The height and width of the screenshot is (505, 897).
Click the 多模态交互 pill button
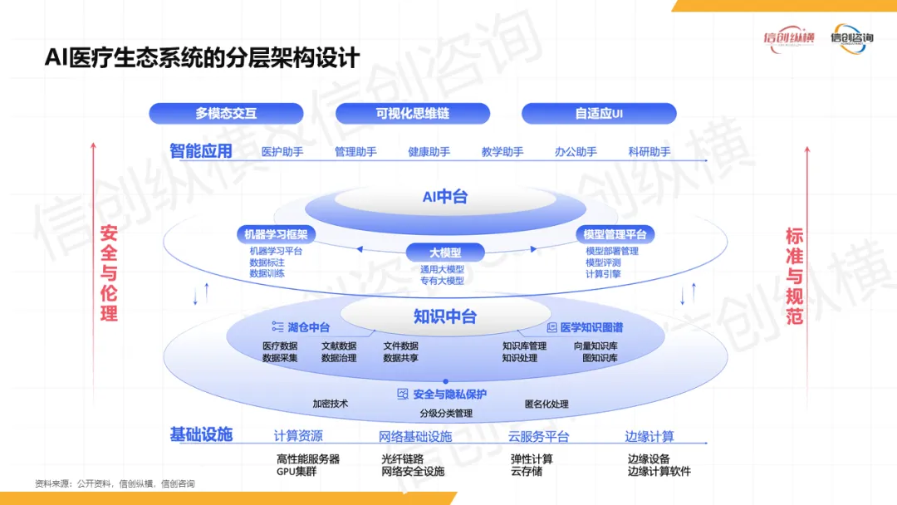pos(226,114)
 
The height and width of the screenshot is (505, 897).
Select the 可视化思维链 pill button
pos(413,114)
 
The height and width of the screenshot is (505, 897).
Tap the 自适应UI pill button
pos(599,114)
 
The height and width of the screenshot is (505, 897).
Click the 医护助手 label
pos(282,152)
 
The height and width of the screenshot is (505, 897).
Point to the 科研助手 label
pos(649,152)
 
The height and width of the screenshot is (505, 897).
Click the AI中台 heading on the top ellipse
pos(445,197)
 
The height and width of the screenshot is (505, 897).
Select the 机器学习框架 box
pos(272,235)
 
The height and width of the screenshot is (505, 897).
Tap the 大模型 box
pos(445,252)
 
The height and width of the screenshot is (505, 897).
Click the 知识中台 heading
pos(445,316)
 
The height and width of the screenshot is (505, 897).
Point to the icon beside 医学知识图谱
pos(551,327)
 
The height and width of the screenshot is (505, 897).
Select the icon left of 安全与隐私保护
pos(403,394)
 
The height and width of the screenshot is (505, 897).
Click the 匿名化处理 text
pos(547,404)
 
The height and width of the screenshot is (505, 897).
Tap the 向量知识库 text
pos(596,346)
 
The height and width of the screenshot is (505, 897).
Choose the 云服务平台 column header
pos(538,437)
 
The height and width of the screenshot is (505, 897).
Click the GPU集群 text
pos(297,472)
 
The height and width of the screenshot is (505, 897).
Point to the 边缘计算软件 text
pos(659,472)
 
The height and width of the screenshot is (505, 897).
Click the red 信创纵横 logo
pos(790,38)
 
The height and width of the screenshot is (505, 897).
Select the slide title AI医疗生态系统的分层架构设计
pos(202,58)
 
